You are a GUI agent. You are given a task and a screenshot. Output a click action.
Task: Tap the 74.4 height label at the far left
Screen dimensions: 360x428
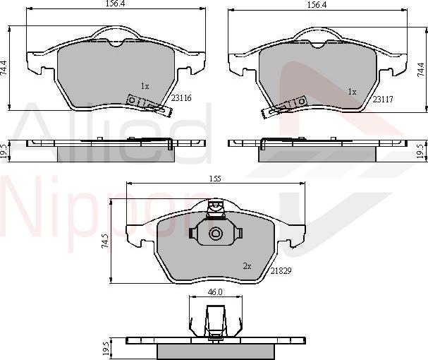pos(5,68)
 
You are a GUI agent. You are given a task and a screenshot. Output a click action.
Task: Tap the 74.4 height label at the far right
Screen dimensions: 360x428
pos(422,68)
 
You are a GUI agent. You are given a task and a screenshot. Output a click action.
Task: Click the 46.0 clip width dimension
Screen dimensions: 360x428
pos(214,292)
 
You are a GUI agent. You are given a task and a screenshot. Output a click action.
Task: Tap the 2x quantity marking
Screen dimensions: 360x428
pos(247,266)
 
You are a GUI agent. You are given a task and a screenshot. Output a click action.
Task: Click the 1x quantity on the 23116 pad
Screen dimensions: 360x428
pos(145,86)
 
